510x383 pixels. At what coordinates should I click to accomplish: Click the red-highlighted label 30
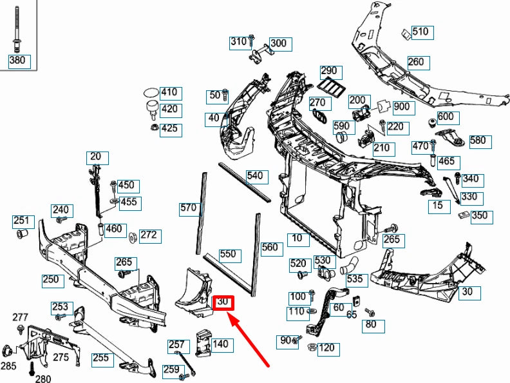223,302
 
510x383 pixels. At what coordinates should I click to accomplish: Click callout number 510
420,32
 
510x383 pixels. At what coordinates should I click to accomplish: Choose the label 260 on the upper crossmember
416,62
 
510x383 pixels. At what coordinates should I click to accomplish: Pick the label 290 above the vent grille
329,70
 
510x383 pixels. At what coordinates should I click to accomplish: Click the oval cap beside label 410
150,92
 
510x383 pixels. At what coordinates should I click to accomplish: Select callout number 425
169,129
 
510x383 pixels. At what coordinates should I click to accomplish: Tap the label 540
255,175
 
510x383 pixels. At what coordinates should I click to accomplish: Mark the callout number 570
188,208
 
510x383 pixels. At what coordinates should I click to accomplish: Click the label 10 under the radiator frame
296,238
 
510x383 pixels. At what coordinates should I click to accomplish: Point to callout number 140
220,344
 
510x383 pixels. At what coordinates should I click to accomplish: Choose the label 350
479,215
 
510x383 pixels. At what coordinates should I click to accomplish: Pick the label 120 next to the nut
326,348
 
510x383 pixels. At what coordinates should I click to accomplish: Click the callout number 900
401,106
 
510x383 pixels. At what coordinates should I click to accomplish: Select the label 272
148,235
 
